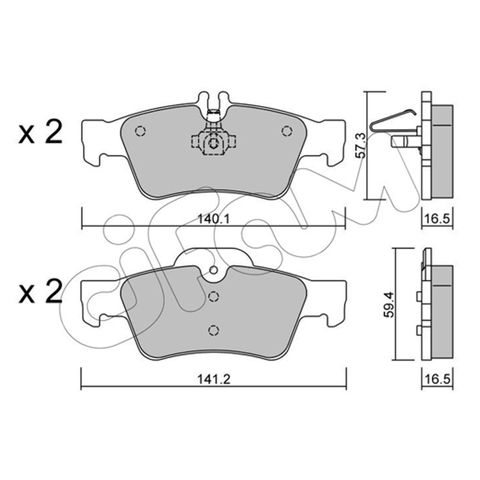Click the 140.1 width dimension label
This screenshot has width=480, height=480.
pos(214,219)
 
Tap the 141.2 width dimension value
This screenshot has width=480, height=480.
pos(214,380)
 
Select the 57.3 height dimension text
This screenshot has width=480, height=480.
pos(361,145)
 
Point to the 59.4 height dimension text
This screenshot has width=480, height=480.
pos(389,305)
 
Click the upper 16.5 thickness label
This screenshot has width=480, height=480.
pos(437,219)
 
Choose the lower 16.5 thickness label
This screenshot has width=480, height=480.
pos(437,380)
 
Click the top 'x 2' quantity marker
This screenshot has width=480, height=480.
pos(40,132)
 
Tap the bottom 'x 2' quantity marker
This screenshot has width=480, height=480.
pos(40,292)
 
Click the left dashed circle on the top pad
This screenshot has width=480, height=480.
pos(140,131)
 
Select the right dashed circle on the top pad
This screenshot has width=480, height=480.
pos(287,131)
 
